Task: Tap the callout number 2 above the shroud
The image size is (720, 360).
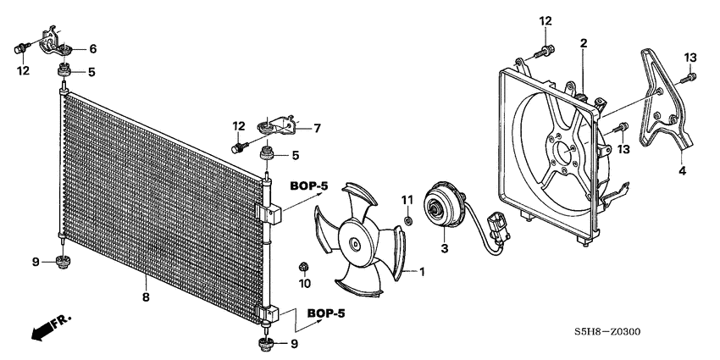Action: click(x=583, y=43)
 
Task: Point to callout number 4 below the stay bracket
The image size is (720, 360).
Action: click(x=683, y=171)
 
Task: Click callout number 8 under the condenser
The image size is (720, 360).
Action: click(x=146, y=297)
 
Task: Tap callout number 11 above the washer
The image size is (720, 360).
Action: click(x=407, y=200)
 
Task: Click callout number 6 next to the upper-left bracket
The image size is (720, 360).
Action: click(x=93, y=49)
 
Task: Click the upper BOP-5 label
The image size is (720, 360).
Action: click(x=314, y=185)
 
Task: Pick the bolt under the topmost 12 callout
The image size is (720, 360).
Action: click(x=544, y=50)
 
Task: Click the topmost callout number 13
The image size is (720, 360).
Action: click(x=690, y=57)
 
